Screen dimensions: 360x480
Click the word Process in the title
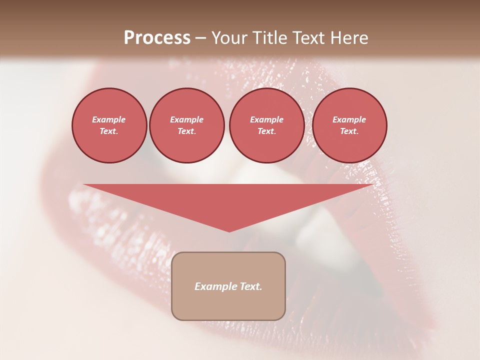(157, 38)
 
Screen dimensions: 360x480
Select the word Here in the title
(348, 38)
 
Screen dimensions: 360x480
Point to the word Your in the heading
(229, 38)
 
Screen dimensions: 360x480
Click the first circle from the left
(109, 125)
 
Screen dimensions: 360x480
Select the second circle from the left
(186, 125)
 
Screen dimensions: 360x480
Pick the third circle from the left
(266, 125)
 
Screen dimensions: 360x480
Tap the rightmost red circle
(349, 125)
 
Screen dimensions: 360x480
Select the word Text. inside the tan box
(251, 286)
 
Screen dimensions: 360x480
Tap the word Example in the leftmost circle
(109, 119)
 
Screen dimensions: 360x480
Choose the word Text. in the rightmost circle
(349, 131)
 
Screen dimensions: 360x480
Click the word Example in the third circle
(266, 119)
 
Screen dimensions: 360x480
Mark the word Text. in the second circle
(186, 131)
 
